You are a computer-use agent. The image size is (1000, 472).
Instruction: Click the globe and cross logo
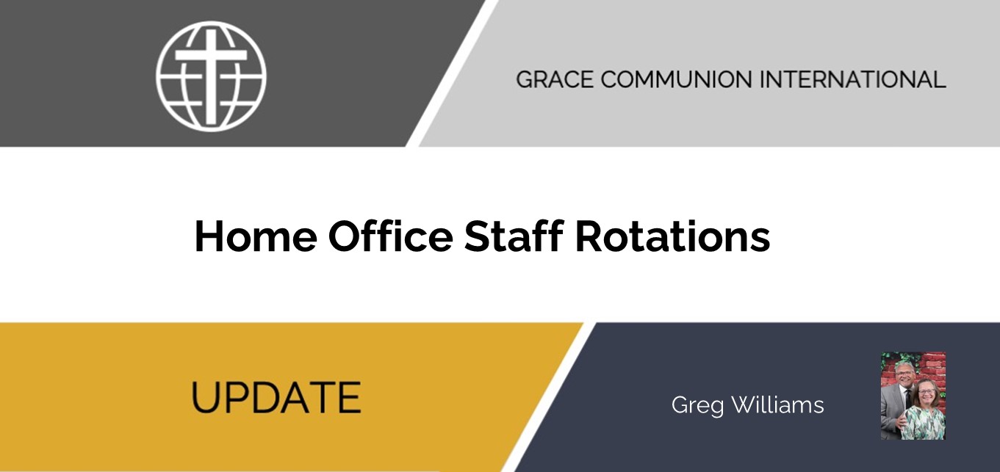(211, 76)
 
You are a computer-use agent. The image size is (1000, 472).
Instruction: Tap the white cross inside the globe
(211, 76)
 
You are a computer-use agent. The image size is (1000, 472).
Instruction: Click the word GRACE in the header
(555, 80)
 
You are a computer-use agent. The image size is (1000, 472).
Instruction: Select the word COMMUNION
(676, 80)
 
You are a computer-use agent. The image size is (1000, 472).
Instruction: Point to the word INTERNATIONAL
(852, 80)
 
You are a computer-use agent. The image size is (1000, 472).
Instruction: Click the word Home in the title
(256, 236)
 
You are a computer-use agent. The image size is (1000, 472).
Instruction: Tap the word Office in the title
(391, 236)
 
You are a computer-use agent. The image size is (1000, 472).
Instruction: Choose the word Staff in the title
(514, 236)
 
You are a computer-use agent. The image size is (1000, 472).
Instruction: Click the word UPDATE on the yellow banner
(276, 398)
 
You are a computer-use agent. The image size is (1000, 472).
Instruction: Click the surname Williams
(777, 404)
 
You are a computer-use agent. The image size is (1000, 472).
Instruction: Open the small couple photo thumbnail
(913, 396)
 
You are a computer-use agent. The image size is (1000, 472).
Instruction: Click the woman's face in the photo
(927, 394)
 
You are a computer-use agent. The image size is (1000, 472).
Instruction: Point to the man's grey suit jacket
(893, 413)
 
